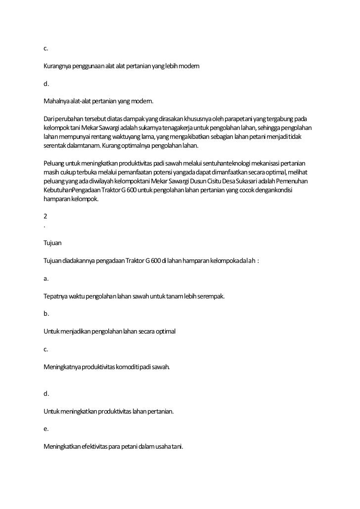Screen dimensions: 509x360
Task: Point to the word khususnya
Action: [199, 119]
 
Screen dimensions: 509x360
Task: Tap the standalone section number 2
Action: [45, 216]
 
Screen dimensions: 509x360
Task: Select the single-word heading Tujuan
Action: [52, 243]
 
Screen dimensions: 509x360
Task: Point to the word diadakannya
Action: [79, 261]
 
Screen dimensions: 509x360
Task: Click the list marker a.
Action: [45, 279]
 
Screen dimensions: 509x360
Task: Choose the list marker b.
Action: [45, 314]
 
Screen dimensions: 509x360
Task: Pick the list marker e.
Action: [45, 429]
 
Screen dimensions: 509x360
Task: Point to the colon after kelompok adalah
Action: [258, 261]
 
